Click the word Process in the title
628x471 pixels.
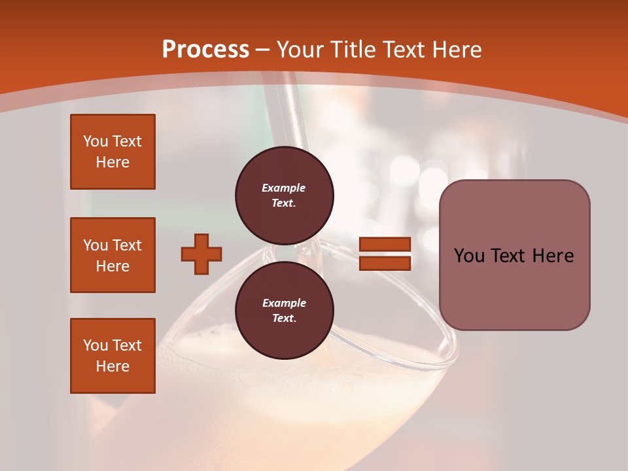(x=205, y=50)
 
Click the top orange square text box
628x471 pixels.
(x=113, y=152)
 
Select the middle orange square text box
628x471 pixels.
(x=113, y=255)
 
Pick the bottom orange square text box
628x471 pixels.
(x=113, y=356)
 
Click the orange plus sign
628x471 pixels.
(x=201, y=254)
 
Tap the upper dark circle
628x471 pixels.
(x=285, y=196)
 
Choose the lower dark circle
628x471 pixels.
(x=285, y=310)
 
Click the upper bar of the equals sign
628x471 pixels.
(x=385, y=245)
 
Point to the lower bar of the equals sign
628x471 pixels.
(x=385, y=263)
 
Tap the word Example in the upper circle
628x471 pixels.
(x=284, y=188)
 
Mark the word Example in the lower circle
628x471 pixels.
(x=284, y=303)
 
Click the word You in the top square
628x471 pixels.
(x=96, y=141)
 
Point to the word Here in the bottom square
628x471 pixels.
(x=113, y=366)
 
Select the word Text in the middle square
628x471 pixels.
(x=127, y=245)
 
